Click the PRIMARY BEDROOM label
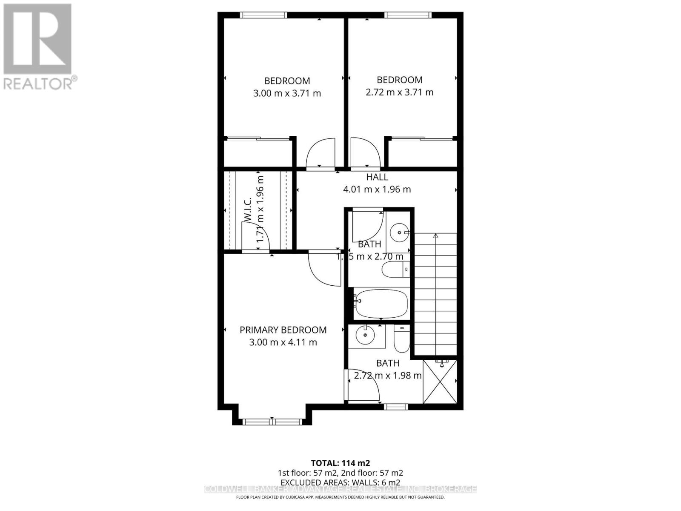point(283,330)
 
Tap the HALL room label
point(377,177)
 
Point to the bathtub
point(381,303)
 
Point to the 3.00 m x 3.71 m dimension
point(287,93)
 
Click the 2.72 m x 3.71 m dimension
point(400,92)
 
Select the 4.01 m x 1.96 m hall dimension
point(377,189)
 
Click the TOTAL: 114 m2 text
point(340,463)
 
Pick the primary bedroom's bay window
point(272,422)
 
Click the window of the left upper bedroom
point(263,15)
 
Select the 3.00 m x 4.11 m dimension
point(283,342)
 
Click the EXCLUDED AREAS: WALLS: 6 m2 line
point(340,482)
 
